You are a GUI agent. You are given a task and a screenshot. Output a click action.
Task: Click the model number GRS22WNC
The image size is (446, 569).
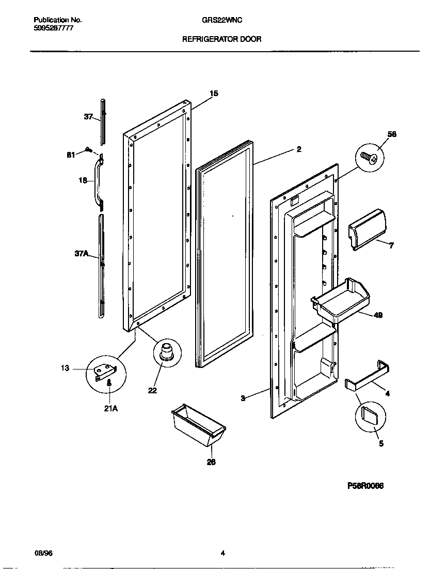(x=222, y=20)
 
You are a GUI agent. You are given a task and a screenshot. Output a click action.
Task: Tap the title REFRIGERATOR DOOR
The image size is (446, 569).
(x=222, y=39)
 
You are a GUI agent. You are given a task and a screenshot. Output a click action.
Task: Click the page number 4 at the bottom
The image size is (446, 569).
(x=222, y=553)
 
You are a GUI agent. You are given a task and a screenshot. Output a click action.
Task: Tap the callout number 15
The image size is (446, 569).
(x=214, y=94)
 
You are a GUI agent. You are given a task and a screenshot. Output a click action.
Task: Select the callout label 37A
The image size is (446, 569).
(x=82, y=253)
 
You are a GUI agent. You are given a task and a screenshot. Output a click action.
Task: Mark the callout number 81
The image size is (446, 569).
(x=71, y=155)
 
